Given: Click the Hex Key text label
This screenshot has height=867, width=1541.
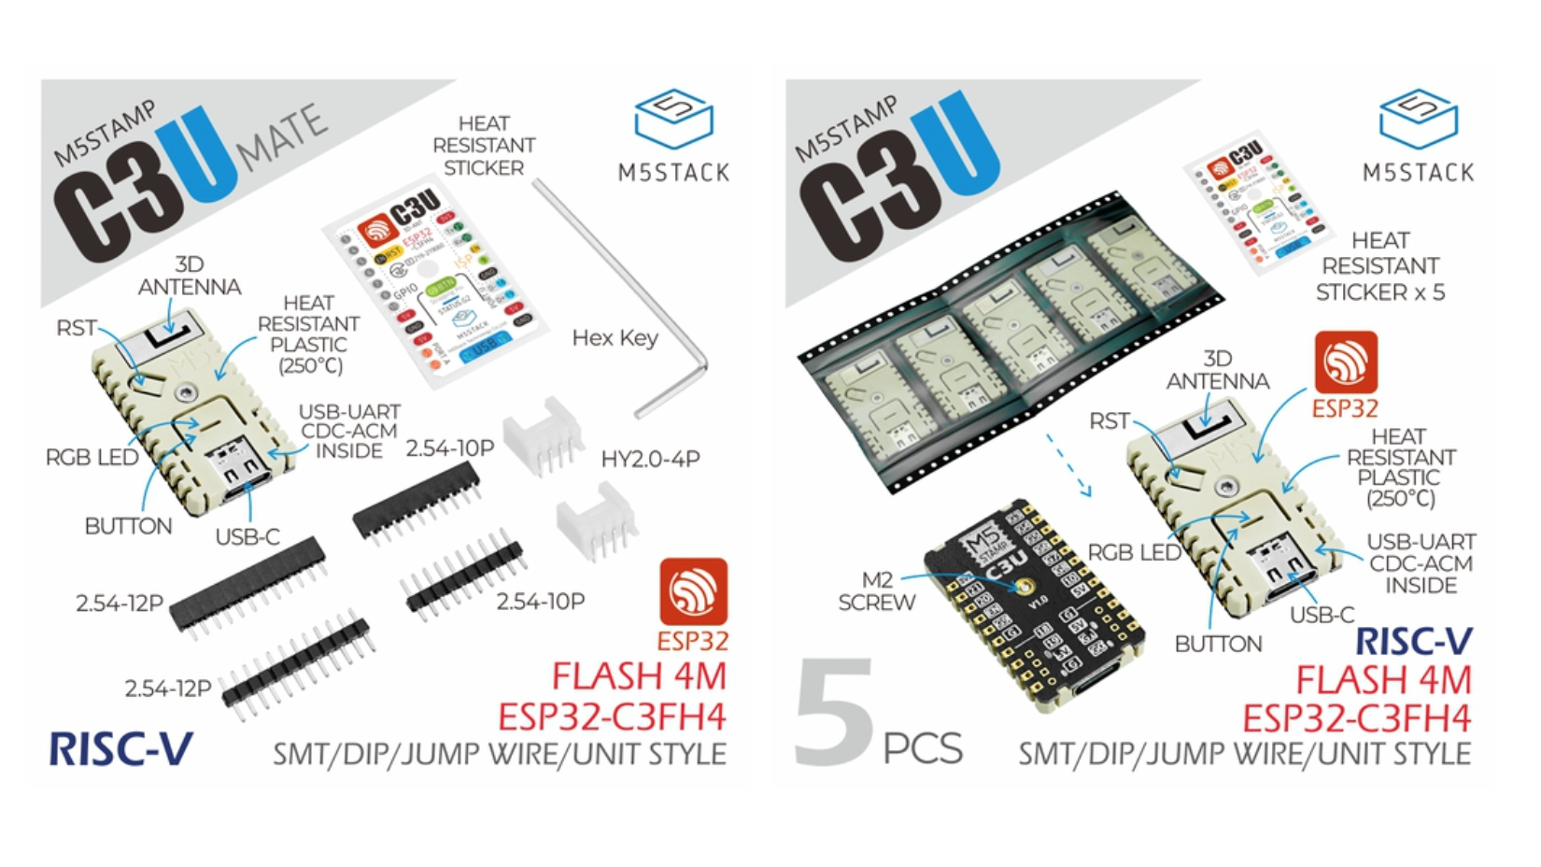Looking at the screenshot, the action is pyautogui.click(x=615, y=338).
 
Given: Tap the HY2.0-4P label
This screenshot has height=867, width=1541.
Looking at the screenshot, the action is pyautogui.click(x=650, y=459).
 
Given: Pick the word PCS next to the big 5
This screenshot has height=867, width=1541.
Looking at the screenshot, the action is pyautogui.click(x=922, y=748).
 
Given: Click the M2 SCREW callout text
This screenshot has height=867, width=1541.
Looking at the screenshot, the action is pyautogui.click(x=876, y=591).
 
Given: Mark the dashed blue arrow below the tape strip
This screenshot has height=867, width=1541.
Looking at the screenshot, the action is pyautogui.click(x=1067, y=464).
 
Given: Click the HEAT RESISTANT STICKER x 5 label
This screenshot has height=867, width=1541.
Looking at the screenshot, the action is pyautogui.click(x=1379, y=266).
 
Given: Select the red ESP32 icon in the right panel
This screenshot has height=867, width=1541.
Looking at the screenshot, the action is pyautogui.click(x=1345, y=362).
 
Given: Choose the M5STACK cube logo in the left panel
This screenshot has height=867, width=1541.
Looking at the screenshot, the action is pyautogui.click(x=673, y=119).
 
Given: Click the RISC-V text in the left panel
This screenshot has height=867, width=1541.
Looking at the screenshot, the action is pyautogui.click(x=120, y=749).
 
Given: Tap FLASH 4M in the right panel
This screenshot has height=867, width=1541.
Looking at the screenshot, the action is pyautogui.click(x=1383, y=679).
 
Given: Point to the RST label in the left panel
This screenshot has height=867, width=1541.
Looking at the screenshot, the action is pyautogui.click(x=76, y=328).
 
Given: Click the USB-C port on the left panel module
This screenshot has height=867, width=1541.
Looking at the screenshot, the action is pyautogui.click(x=239, y=464).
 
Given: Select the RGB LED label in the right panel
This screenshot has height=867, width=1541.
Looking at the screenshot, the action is pyautogui.click(x=1134, y=552).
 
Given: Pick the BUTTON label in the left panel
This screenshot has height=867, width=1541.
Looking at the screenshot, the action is pyautogui.click(x=128, y=526).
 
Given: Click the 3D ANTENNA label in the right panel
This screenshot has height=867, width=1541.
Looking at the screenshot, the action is pyautogui.click(x=1217, y=370).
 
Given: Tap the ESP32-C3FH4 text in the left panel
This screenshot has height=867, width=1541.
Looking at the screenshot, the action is pyautogui.click(x=612, y=717).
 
